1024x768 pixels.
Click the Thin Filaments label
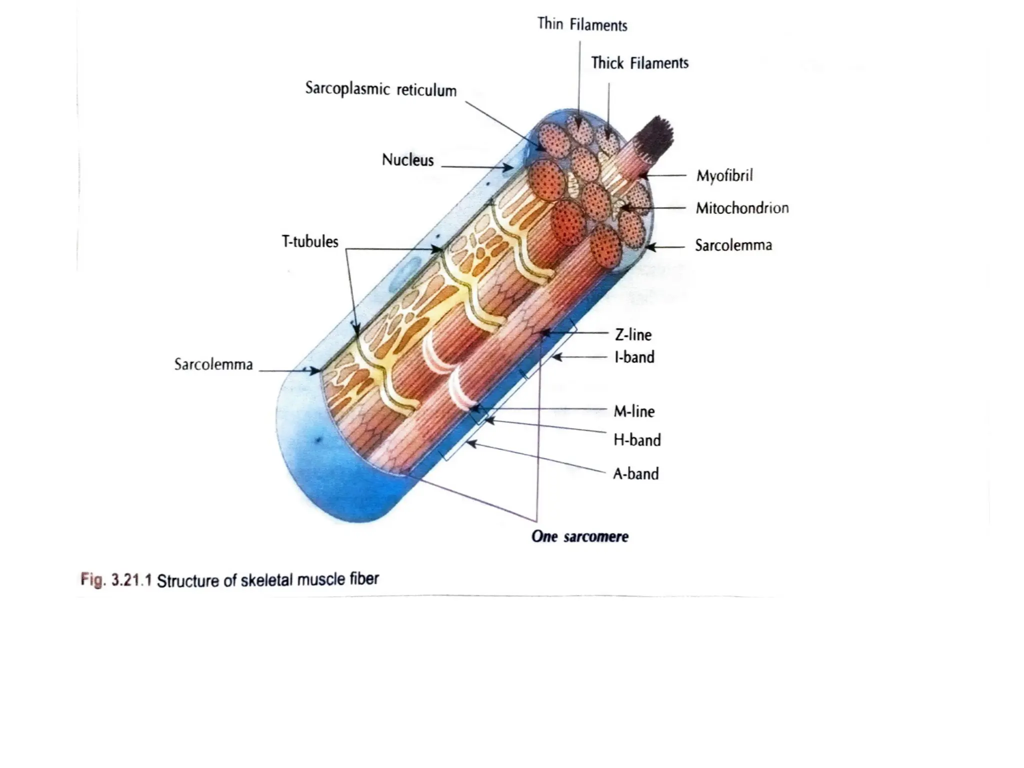[582, 24]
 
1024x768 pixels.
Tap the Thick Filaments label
[639, 63]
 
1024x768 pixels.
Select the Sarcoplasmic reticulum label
[380, 89]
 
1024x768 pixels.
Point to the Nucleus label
[407, 160]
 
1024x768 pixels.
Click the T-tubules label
[310, 241]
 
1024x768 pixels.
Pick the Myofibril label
[724, 175]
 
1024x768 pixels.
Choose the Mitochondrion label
[742, 208]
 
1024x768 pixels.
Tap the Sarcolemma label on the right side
[733, 245]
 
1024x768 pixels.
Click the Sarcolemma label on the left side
[213, 364]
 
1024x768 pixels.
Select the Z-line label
[633, 334]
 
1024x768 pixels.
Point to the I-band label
[634, 357]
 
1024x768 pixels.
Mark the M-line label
[634, 411]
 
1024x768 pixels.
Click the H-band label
[637, 440]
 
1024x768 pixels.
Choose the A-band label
[635, 473]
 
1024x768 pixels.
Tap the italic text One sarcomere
[579, 536]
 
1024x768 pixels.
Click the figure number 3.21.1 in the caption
[130, 580]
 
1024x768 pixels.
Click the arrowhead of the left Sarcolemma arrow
[316, 371]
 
